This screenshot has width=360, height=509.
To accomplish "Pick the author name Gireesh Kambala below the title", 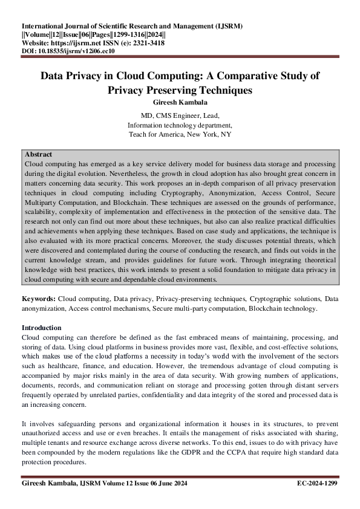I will pyautogui.click(x=180, y=102).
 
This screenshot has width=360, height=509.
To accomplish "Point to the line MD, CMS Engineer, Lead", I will pyautogui.click(x=180, y=115).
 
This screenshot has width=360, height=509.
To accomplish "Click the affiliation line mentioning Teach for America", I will pyautogui.click(x=180, y=135).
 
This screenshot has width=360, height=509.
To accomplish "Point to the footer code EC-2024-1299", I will pyautogui.click(x=318, y=484).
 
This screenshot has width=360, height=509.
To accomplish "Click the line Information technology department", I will pyautogui.click(x=180, y=125).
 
